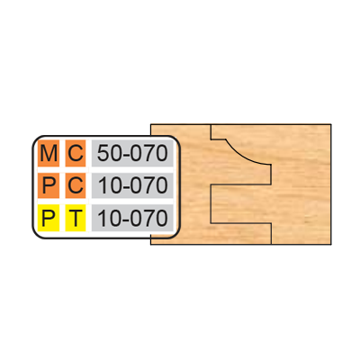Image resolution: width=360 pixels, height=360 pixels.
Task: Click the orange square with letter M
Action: coord(49,153)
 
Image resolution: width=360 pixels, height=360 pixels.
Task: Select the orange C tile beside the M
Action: coord(76,153)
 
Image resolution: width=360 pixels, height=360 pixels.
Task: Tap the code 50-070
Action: coord(132,153)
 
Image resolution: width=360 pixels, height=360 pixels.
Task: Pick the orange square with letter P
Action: coord(49,185)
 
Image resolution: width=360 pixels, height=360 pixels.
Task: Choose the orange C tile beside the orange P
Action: coord(76,185)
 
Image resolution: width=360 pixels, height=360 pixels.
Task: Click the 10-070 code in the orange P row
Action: coord(132,185)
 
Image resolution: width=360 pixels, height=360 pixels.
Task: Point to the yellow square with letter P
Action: coord(49,218)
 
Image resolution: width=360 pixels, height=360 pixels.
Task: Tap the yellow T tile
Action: coord(76,218)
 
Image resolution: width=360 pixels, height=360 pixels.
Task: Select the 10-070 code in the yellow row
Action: coord(132,218)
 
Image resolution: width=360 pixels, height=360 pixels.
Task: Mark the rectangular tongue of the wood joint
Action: coord(241,203)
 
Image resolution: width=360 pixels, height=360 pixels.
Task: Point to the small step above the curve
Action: coord(219,139)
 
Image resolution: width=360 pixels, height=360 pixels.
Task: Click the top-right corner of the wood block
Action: coord(331,124)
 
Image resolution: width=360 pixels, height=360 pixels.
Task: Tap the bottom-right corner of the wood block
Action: coord(331,245)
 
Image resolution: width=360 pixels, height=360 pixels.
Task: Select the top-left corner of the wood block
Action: coord(150,124)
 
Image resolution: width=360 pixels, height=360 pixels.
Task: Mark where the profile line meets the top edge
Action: coord(211,124)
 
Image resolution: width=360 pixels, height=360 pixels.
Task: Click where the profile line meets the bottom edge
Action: coord(271,245)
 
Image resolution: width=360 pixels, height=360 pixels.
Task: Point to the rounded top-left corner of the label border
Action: coord(36,139)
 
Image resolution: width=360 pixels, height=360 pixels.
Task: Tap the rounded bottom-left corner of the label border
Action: coord(36,235)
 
